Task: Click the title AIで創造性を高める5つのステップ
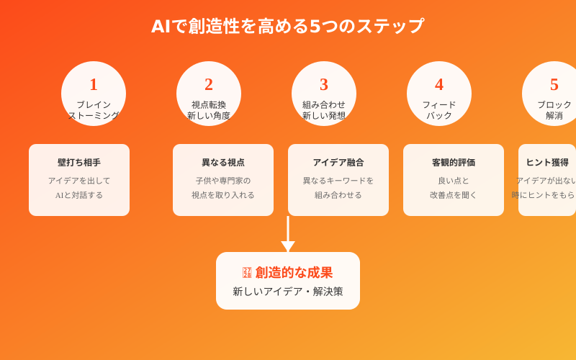pos(288,26)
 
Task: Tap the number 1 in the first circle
pos(94,84)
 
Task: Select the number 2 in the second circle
pos(209,84)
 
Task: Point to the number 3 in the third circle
pos(324,84)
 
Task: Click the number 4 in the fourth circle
pos(439,84)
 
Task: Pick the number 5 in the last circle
pos(554,84)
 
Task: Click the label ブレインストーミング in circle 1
pos(94,110)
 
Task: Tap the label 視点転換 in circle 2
pos(209,104)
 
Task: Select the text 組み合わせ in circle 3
pos(324,104)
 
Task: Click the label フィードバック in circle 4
pos(439,110)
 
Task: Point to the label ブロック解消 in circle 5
pos(554,110)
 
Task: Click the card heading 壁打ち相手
pos(79,163)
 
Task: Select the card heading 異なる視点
pos(223,163)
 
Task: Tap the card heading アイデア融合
pos(338,163)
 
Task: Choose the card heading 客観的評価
pos(454,163)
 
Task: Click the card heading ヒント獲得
pos(547,163)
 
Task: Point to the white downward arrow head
pos(288,246)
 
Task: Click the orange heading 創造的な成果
pos(294,273)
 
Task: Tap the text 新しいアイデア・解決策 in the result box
pos(288,292)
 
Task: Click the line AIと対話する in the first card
pos(79,195)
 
